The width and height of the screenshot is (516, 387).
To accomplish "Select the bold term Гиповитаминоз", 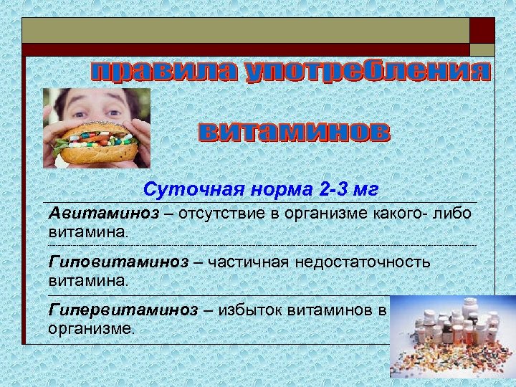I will point(119,262).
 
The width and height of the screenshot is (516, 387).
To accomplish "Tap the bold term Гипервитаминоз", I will point(123,310).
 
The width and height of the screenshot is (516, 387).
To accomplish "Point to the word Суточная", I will point(185,191).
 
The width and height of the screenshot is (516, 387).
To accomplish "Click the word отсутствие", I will point(225,214).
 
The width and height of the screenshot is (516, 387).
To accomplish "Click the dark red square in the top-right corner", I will point(482,30).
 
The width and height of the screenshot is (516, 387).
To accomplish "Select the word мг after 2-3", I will point(364,191).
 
